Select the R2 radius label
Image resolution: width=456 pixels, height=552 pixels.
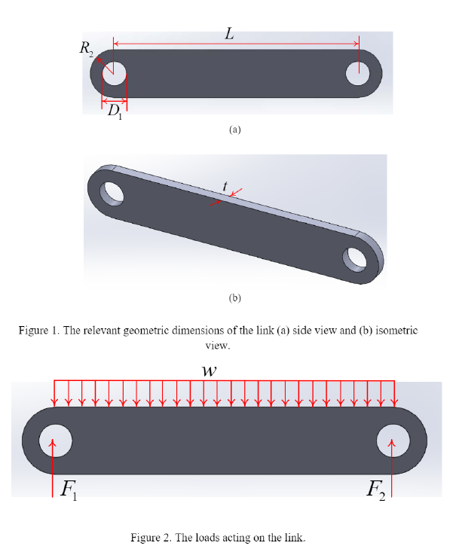point(87,49)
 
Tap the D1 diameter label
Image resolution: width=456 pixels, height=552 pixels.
point(114,113)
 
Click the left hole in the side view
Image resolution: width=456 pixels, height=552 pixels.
point(115,73)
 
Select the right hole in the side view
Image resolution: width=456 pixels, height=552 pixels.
point(358,73)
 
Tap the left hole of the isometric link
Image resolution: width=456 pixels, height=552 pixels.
point(112,191)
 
